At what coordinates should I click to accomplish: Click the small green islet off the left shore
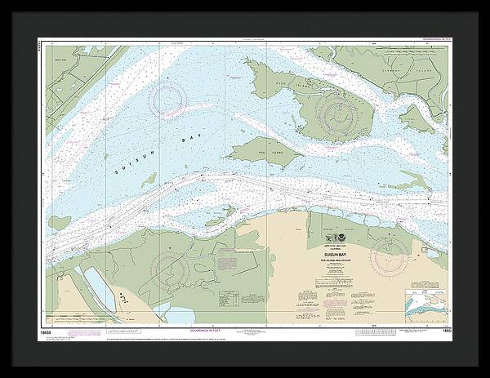[59, 222]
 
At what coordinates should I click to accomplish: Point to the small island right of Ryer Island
[416, 118]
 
